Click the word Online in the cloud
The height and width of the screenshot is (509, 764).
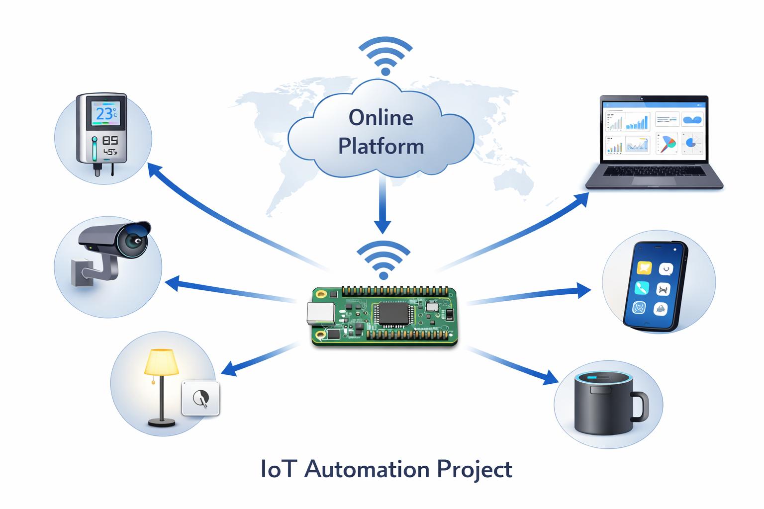381,118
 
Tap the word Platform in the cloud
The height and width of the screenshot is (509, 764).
381,146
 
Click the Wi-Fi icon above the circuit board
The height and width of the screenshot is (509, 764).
383,259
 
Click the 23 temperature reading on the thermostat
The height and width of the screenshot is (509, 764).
104,114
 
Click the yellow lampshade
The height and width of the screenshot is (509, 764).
161,362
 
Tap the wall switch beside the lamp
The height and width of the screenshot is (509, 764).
200,398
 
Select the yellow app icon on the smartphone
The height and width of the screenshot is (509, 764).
644,268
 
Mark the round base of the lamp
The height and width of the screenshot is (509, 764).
162,423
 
